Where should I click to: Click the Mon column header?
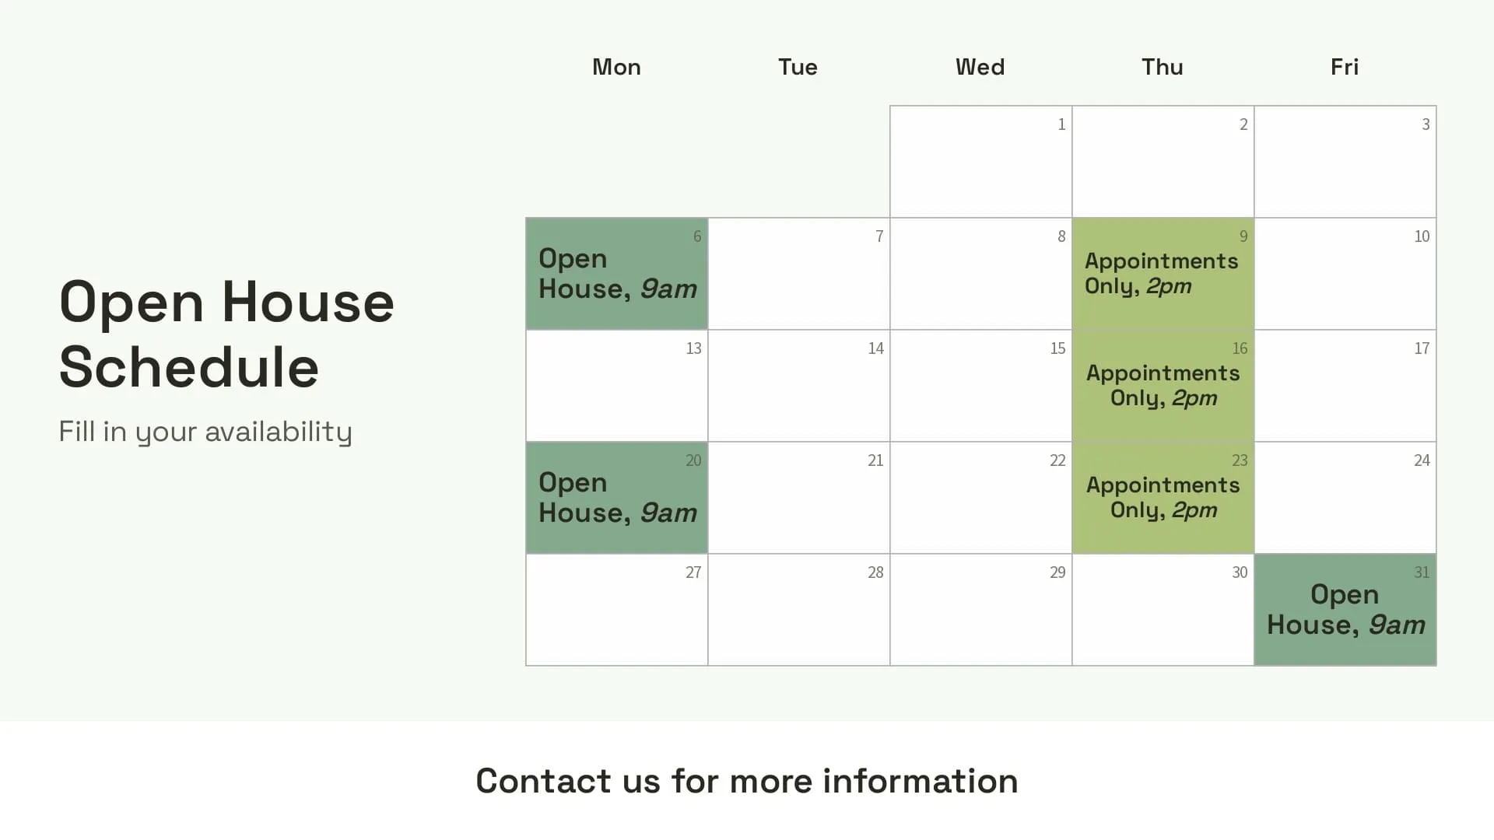tap(616, 67)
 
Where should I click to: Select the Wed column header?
tap(980, 67)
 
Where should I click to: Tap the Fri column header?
tap(1344, 67)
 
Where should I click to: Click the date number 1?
tap(1061, 124)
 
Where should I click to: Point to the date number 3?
tap(1426, 124)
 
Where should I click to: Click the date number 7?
tap(879, 236)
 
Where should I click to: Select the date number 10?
tap(1422, 236)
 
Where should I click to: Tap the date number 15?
tap(1057, 348)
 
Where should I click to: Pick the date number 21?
tap(875, 460)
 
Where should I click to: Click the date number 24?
tap(1422, 460)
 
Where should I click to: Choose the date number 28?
tap(875, 572)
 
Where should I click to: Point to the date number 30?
tap(1240, 572)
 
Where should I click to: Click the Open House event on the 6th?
tap(617, 274)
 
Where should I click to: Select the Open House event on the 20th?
tap(617, 498)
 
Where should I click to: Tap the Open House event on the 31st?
tap(1345, 610)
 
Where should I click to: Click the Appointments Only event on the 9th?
tap(1162, 274)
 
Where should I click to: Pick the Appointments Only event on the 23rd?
tap(1163, 498)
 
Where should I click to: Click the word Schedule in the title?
tap(189, 367)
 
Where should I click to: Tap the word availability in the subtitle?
tap(279, 432)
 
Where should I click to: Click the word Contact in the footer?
tap(543, 781)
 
